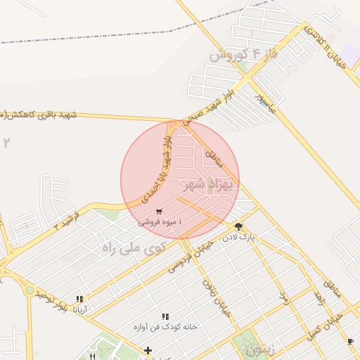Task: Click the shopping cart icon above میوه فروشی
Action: [x=160, y=211]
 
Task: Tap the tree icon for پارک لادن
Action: [x=239, y=226]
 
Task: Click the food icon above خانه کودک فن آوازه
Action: [x=165, y=317]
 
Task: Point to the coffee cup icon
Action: [x=350, y=341]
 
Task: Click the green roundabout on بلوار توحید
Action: [x=30, y=290]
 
